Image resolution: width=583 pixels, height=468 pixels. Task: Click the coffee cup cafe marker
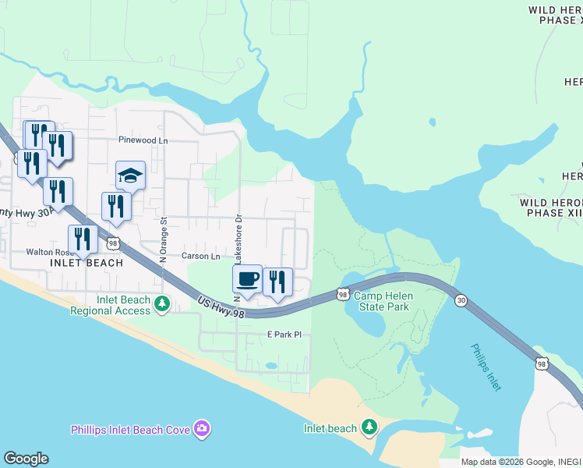coord(247,280)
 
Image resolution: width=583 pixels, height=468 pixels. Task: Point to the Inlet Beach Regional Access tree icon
coord(161,303)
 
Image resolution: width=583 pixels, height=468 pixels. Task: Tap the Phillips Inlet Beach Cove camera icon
coord(202,427)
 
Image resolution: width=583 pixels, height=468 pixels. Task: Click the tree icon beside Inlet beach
coord(369,427)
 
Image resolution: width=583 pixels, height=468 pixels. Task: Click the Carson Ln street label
coord(201,256)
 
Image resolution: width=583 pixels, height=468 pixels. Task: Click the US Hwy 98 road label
coord(221,307)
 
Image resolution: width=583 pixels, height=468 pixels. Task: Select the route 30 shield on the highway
coord(461,300)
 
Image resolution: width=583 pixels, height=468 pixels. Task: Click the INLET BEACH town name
coord(87,263)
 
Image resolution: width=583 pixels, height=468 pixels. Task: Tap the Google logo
coord(26,459)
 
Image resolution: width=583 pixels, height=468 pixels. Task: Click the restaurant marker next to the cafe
coord(277,282)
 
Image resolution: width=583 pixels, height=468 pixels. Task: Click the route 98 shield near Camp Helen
coord(343,294)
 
